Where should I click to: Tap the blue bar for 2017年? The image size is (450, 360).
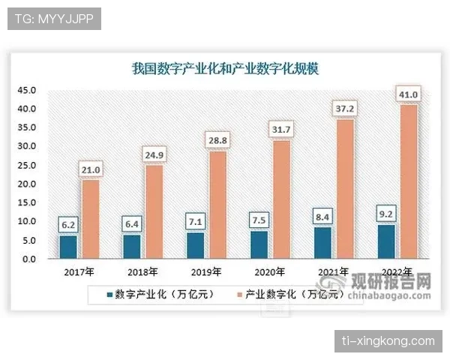tap(68, 247)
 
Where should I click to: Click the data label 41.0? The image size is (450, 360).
tap(409, 94)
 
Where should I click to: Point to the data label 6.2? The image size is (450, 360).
tap(68, 223)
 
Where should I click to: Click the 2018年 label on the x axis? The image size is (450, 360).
tap(142, 271)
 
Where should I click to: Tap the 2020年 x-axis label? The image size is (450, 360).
tap(271, 271)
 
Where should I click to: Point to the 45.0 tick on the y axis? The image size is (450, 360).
tap(27, 91)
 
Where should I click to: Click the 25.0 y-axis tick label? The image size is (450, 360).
tap(27, 166)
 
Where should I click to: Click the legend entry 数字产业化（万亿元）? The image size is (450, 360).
tap(160, 294)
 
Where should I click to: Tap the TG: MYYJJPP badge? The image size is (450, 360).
tap(53, 18)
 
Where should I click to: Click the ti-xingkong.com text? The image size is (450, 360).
tap(388, 341)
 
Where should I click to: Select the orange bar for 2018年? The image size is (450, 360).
tap(153, 212)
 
